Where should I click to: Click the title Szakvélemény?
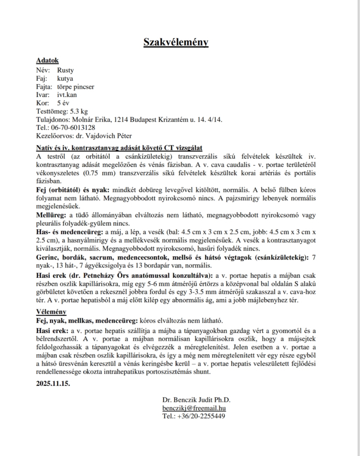(x=176, y=42)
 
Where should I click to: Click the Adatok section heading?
(x=47, y=60)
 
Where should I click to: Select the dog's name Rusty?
(x=65, y=70)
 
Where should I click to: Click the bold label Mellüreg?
(x=52, y=215)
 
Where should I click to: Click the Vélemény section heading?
(x=51, y=312)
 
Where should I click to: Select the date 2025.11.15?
(x=53, y=383)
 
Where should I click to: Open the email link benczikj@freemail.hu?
(x=194, y=408)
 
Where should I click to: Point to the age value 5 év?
(x=63, y=103)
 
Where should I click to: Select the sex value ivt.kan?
(x=67, y=95)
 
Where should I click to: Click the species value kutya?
(x=65, y=78)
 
